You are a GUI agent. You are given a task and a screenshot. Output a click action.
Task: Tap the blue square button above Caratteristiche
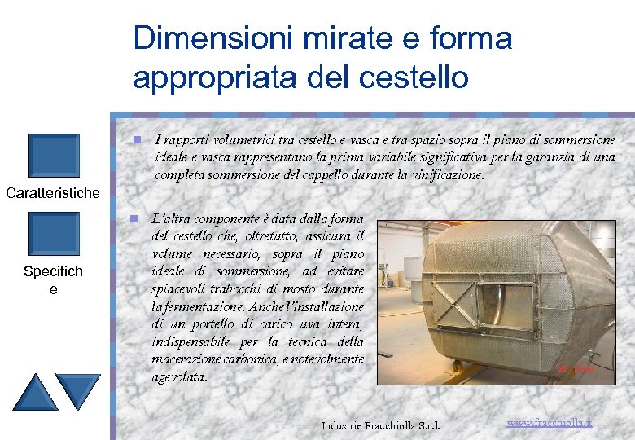[x=53, y=155]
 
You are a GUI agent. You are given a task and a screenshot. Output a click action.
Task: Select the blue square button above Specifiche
[x=53, y=235]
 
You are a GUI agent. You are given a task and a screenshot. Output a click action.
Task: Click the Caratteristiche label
[x=53, y=193]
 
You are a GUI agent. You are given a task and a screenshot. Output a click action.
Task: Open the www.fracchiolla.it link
[x=550, y=423]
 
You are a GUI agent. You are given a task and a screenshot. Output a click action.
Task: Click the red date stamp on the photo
[x=576, y=369]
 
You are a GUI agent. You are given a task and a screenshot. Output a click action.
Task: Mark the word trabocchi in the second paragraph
[x=238, y=289]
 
